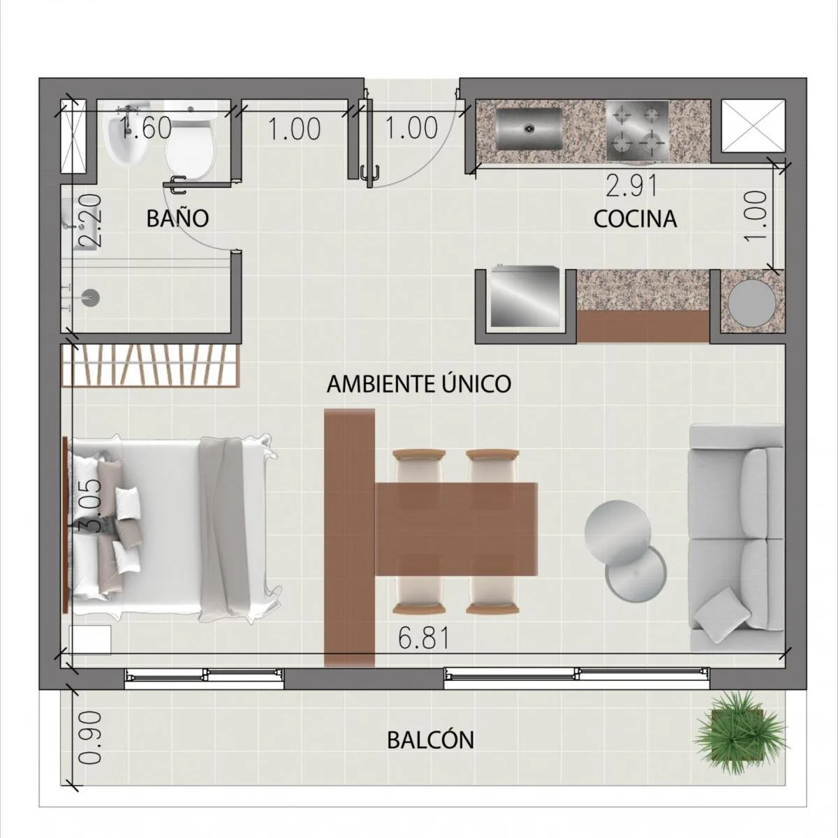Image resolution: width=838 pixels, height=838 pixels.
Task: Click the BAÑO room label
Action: (x=177, y=218)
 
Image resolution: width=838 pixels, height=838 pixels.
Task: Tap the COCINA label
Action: (x=635, y=219)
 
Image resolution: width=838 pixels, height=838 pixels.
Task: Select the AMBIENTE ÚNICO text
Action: (x=419, y=383)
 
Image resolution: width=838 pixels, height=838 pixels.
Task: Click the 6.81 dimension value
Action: (x=424, y=639)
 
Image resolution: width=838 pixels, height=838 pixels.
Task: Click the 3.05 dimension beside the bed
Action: (x=91, y=506)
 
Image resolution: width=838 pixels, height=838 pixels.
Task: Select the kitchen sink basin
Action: (x=529, y=128)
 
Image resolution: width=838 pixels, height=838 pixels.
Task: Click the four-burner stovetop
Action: (x=638, y=131)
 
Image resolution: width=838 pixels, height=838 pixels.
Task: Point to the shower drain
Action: (x=91, y=297)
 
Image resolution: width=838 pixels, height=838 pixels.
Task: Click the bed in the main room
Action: (x=172, y=527)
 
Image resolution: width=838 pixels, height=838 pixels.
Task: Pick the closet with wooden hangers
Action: (x=150, y=365)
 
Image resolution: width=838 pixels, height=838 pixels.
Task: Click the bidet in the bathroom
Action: (x=128, y=139)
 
